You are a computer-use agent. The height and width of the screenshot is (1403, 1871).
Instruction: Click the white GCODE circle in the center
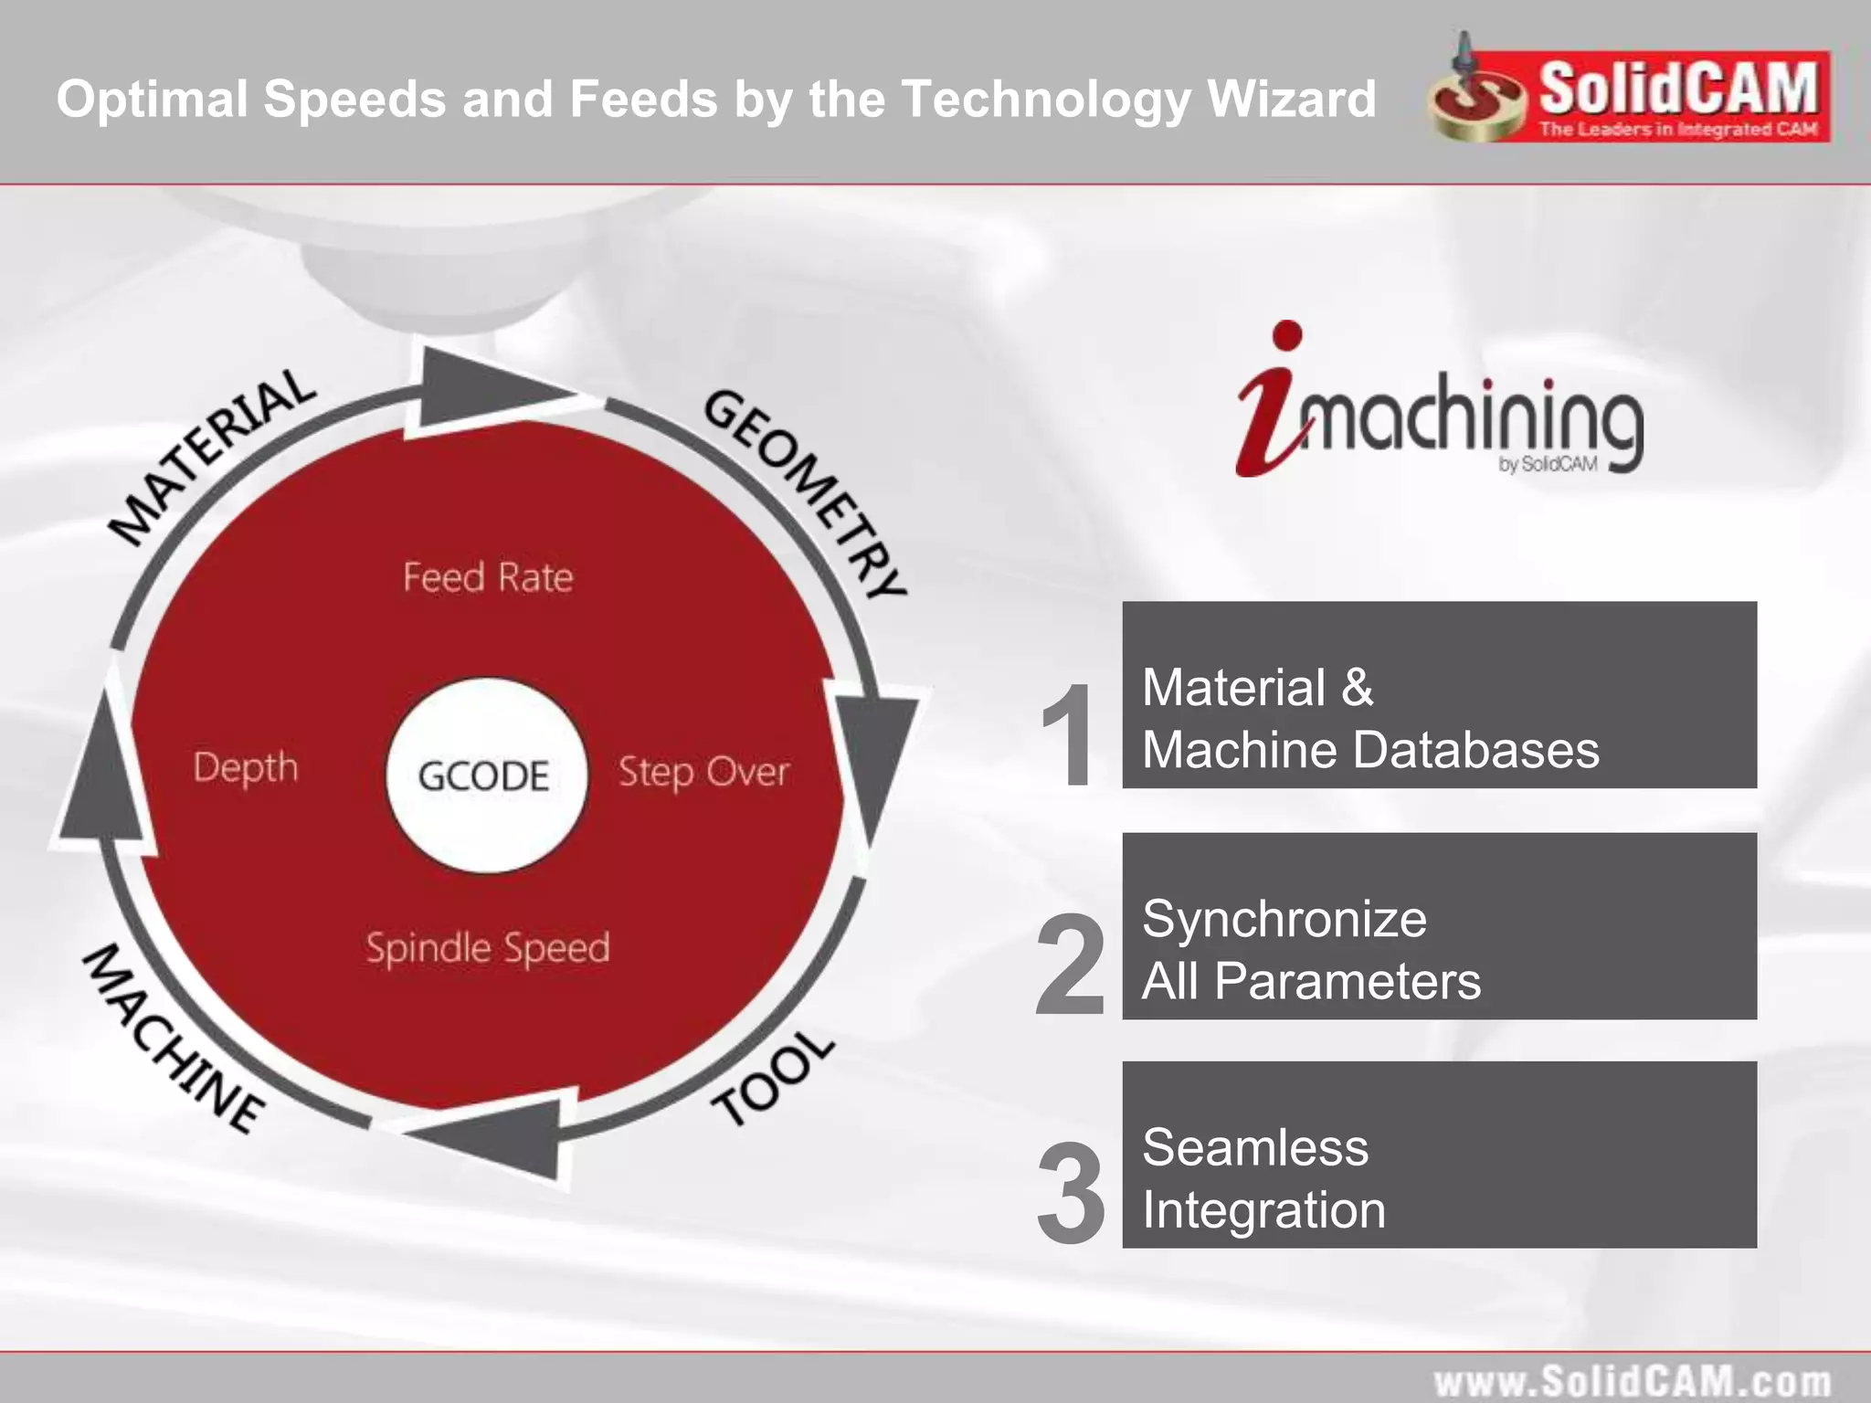click(x=485, y=775)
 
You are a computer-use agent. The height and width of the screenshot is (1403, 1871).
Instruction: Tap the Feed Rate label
click(x=488, y=577)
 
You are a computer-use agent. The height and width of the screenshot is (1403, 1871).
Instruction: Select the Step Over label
click(x=703, y=772)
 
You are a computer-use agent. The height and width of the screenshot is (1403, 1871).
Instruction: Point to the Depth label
click(x=246, y=767)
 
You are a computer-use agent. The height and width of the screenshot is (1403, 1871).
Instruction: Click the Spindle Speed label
click(x=488, y=948)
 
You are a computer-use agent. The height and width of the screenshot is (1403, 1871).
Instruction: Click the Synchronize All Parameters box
click(x=1439, y=925)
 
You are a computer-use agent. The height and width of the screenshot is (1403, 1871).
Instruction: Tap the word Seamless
click(x=1255, y=1147)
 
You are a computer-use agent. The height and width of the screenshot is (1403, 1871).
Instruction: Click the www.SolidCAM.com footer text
click(x=1632, y=1380)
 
